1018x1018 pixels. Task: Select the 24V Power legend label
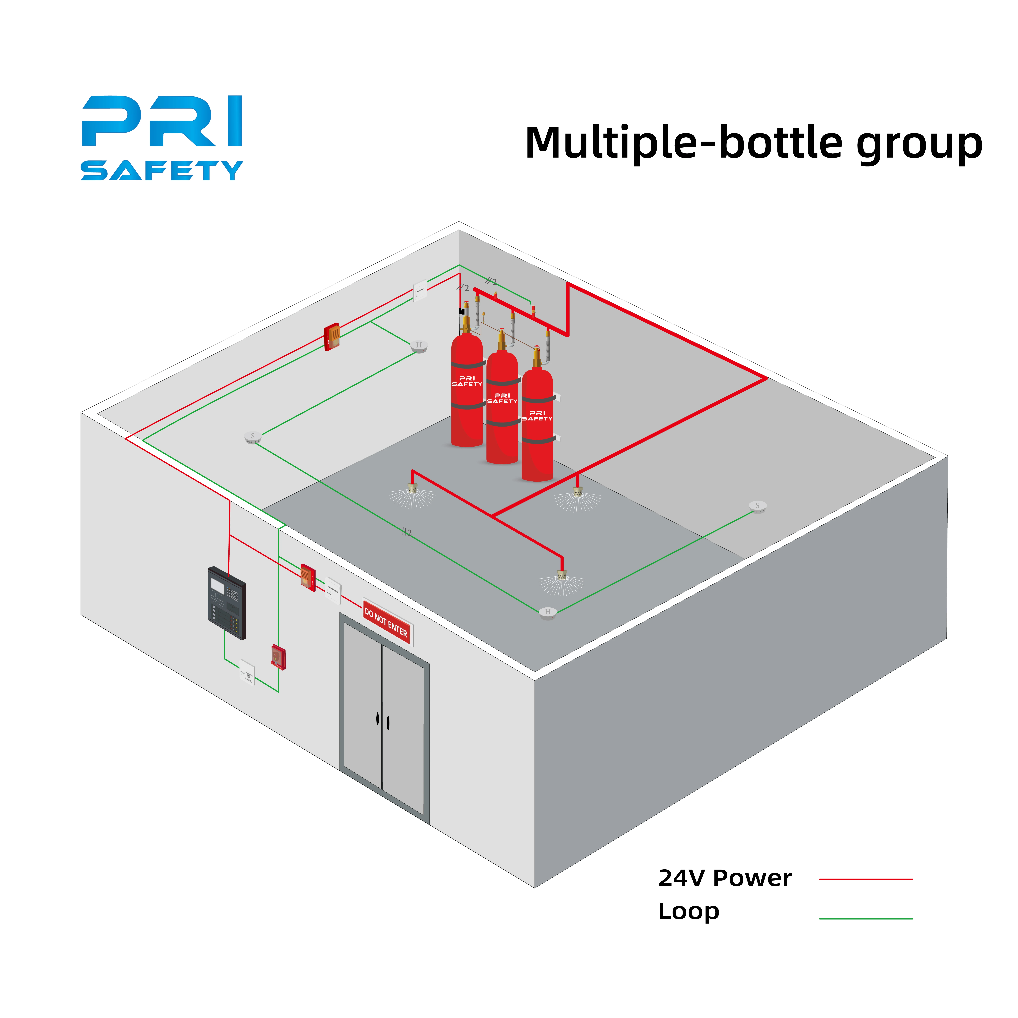[x=724, y=878]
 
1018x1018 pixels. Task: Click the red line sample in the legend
[x=866, y=879]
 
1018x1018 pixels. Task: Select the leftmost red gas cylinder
[x=467, y=390]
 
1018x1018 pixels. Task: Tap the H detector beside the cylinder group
[x=419, y=346]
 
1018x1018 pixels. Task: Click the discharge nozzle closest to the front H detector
[x=562, y=576]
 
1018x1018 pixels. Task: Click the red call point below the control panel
[x=278, y=657]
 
